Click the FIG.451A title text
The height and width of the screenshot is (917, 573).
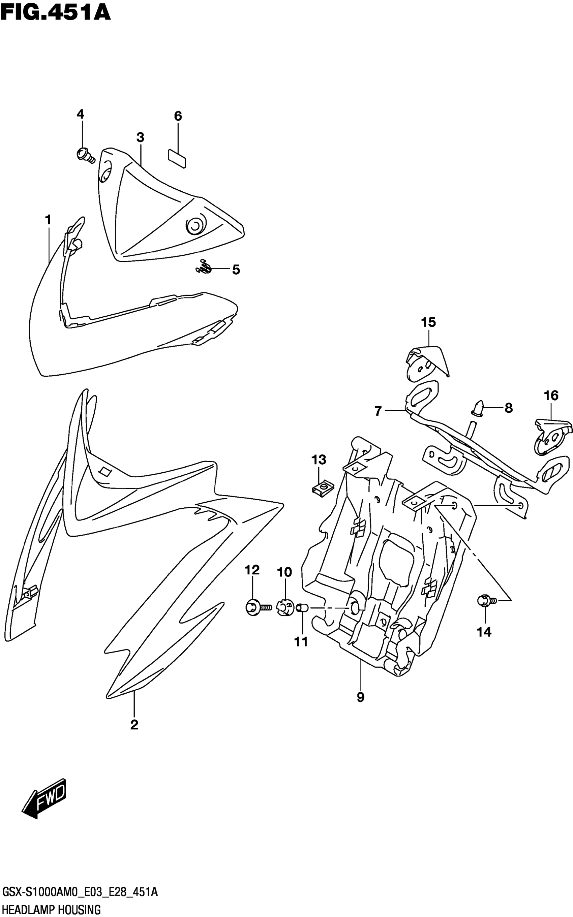point(56,12)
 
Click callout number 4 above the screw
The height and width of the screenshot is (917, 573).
point(80,114)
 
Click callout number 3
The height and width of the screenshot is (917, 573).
point(140,137)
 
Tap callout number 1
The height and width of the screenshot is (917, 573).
point(48,220)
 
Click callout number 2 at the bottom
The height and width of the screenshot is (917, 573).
point(134,725)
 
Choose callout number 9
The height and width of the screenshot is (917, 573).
point(360,697)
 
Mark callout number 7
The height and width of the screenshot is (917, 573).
point(378,411)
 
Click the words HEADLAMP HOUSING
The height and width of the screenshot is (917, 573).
point(52,909)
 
